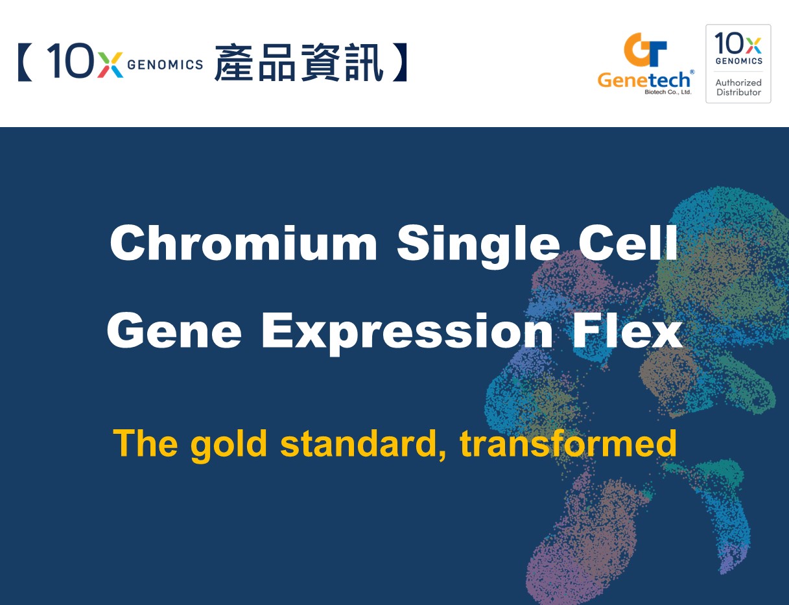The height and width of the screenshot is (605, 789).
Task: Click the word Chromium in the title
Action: (244, 243)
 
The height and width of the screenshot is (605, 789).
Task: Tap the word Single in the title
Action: (478, 246)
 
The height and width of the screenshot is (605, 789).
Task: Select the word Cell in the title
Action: (628, 243)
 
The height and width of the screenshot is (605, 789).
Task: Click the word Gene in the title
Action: (174, 331)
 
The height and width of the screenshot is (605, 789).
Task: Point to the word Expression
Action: (407, 334)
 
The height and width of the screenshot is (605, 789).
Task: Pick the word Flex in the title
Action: (628, 330)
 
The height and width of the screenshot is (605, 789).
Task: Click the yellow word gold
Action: (229, 445)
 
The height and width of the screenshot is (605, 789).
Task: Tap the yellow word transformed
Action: (568, 444)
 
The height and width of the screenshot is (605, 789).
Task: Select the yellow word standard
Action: (363, 444)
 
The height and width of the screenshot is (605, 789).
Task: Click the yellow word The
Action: (146, 443)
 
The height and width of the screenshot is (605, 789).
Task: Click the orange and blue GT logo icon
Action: (645, 50)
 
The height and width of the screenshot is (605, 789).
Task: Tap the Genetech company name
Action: (643, 80)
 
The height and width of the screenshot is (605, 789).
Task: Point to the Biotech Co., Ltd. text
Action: (668, 92)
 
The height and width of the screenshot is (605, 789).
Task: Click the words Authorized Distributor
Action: (738, 88)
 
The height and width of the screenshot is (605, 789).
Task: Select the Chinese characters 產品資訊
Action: (299, 62)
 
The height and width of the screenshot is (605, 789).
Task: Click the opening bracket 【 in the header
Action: (25, 62)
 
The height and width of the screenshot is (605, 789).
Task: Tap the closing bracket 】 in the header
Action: (400, 62)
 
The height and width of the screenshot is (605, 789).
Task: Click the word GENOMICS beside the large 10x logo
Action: (165, 65)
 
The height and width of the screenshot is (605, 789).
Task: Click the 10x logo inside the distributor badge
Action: (738, 48)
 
